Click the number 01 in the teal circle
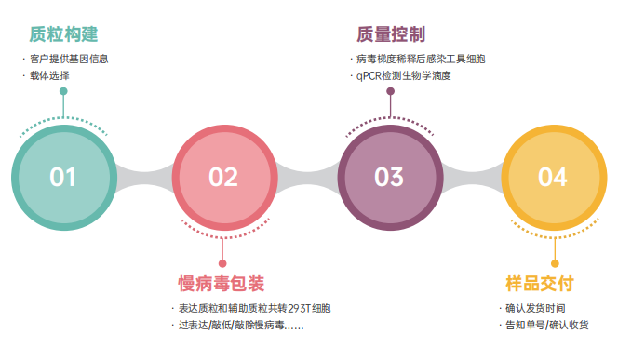[x=63, y=177]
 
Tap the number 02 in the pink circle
[x=223, y=177]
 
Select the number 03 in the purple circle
[x=389, y=177]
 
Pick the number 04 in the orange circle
[x=552, y=177]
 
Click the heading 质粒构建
[x=63, y=35]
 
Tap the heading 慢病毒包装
[x=222, y=283]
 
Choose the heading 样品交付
[x=539, y=283]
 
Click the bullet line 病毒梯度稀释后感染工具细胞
[x=423, y=59]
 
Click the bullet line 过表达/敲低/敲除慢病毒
[x=240, y=326]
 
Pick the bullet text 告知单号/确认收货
[x=547, y=326]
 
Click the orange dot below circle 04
[x=553, y=263]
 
